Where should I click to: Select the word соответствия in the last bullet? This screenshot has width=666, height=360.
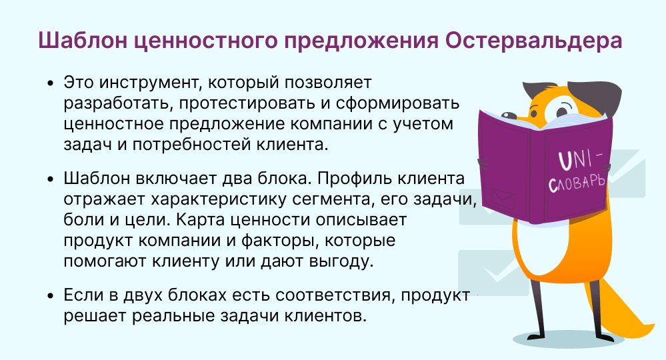click(x=339, y=295)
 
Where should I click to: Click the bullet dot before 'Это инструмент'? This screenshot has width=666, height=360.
click(x=51, y=84)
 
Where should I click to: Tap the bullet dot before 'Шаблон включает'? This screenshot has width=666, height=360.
click(x=51, y=181)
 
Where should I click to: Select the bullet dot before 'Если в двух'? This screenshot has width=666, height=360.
click(x=51, y=296)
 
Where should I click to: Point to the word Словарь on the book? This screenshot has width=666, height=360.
click(x=576, y=183)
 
